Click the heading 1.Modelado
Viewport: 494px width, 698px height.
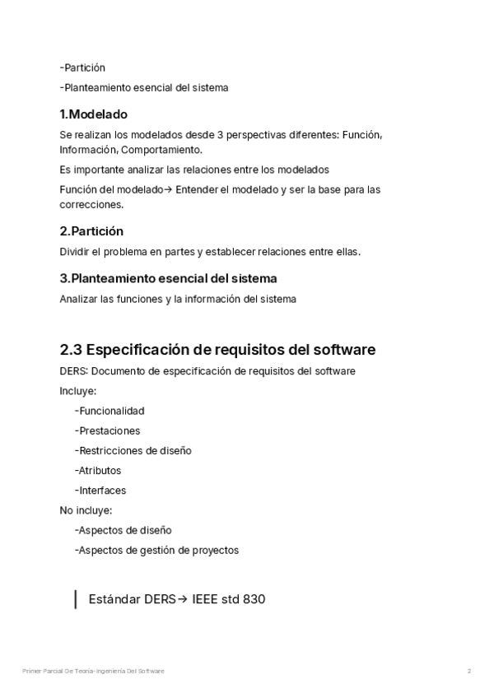(x=93, y=114)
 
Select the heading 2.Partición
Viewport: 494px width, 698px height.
(x=91, y=231)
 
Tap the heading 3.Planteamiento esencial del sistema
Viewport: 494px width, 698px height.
(x=168, y=278)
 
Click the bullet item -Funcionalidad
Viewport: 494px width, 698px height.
(x=109, y=411)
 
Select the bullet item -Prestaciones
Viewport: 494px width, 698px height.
(x=107, y=430)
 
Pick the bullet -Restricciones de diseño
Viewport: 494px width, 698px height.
(x=133, y=450)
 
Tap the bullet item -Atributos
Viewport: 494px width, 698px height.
(x=97, y=471)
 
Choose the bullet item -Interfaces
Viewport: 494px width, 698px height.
(x=100, y=491)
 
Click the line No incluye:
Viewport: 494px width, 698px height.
(x=86, y=510)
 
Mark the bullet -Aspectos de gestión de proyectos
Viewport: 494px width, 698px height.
(x=156, y=550)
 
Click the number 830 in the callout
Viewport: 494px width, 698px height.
(x=254, y=600)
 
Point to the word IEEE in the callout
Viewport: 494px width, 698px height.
(x=206, y=600)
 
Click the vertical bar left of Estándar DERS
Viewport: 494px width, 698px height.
(x=75, y=599)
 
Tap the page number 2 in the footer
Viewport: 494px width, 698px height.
(x=469, y=672)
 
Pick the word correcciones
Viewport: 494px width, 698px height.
(x=91, y=204)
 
